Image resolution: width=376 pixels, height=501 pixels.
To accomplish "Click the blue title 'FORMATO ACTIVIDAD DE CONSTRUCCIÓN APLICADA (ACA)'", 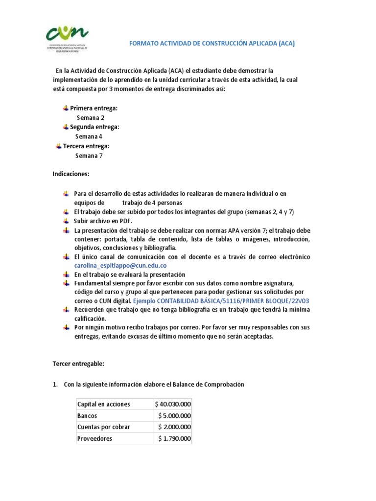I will pyautogui.click(x=211, y=43).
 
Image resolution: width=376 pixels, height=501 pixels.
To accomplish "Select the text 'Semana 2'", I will pyautogui.click(x=91, y=117).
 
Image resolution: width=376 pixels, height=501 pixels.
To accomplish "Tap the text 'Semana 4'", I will pyautogui.click(x=89, y=137).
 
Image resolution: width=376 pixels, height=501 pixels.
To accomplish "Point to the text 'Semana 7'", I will pyautogui.click(x=89, y=156).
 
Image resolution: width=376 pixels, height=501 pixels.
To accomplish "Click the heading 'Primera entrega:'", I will pyautogui.click(x=94, y=108).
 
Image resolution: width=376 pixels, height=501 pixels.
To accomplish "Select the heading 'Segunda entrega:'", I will pyautogui.click(x=94, y=127).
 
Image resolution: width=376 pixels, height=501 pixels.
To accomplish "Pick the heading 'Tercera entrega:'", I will pyautogui.click(x=86, y=146).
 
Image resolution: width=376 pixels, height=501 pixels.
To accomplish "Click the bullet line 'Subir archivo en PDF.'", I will pyautogui.click(x=103, y=221).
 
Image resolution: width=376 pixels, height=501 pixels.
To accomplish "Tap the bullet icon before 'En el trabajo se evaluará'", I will pyautogui.click(x=66, y=274).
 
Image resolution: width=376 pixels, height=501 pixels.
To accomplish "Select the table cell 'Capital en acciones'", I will pyautogui.click(x=103, y=404).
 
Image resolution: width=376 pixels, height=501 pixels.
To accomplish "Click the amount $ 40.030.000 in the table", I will pyautogui.click(x=173, y=404).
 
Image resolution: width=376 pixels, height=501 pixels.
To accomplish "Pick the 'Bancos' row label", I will pyautogui.click(x=87, y=416).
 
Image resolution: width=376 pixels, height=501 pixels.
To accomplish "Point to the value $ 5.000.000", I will pyautogui.click(x=175, y=416).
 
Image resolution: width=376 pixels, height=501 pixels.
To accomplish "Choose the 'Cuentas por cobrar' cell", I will pyautogui.click(x=103, y=427).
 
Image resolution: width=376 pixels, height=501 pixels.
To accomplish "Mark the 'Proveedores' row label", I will pyautogui.click(x=94, y=439).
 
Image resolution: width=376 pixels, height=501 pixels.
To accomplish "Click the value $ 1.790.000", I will pyautogui.click(x=175, y=439).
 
